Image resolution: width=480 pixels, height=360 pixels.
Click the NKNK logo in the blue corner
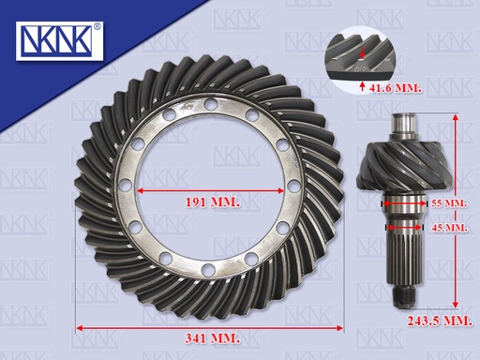pos(59,41)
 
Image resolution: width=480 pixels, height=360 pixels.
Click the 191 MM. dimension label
pos(213,202)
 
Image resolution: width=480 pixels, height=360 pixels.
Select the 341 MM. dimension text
pos(213,338)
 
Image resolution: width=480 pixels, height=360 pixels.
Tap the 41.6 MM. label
pos(395,88)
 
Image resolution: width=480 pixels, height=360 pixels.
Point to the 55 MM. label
pos(449,203)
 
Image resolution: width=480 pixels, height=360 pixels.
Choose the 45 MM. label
pos(449,228)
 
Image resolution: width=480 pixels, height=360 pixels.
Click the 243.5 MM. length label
pos(440,321)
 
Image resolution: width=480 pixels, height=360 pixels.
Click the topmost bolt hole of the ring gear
pos(210,104)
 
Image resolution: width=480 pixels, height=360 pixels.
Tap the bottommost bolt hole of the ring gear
pos(207,270)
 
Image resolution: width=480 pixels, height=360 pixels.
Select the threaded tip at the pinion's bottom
pos(403,297)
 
